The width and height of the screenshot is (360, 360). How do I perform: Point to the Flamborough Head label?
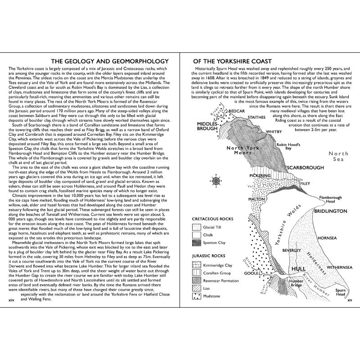point(318,200)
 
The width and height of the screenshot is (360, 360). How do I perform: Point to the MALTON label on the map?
point(256,199)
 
